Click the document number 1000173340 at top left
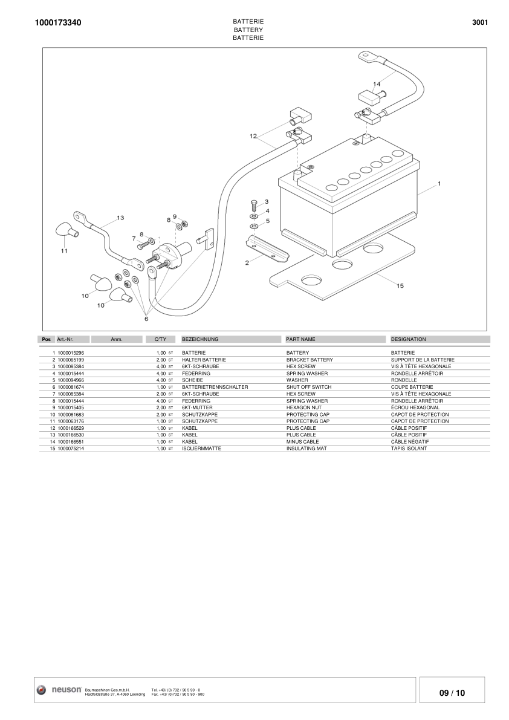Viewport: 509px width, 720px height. (58, 23)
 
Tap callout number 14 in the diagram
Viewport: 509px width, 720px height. (377, 83)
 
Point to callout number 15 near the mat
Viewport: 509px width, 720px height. (400, 285)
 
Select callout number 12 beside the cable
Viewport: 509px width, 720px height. (253, 136)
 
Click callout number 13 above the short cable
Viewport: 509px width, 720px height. (120, 218)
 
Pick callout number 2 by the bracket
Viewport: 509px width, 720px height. (247, 263)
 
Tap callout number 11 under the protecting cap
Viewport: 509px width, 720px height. (64, 250)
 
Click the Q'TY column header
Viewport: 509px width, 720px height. (152, 340)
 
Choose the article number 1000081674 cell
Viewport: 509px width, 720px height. (71, 387)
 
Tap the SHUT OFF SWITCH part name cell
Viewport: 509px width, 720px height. (308, 387)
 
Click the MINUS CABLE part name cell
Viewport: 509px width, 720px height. (302, 442)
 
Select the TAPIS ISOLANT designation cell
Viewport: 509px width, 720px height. (409, 449)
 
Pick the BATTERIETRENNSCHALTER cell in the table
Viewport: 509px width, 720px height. (215, 387)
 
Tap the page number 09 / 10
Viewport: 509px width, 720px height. (452, 693)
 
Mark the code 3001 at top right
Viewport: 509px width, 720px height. (479, 23)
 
